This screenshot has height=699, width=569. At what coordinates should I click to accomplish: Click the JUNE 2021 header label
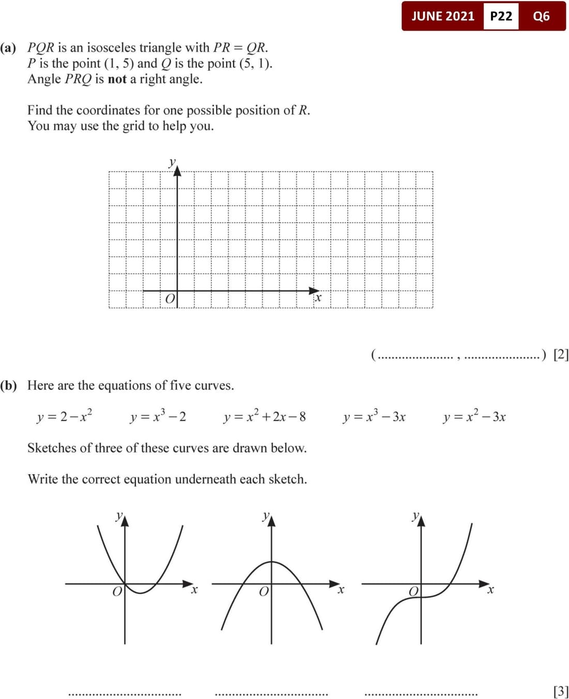[442, 16]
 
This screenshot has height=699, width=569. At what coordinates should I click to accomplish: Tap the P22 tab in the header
[501, 16]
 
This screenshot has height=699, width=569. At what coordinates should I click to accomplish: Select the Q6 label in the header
[541, 16]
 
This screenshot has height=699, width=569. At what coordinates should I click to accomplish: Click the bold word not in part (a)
[117, 79]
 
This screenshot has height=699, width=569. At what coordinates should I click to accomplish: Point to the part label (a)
[8, 48]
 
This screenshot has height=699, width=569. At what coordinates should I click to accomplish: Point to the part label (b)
[8, 385]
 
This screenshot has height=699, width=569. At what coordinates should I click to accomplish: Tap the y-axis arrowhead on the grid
[177, 171]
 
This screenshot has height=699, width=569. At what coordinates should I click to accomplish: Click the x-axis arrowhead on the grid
[315, 291]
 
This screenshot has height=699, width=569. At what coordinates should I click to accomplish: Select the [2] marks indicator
[561, 354]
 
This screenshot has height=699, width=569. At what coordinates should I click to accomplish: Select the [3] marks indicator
[561, 691]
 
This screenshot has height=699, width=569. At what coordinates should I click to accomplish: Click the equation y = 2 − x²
[65, 416]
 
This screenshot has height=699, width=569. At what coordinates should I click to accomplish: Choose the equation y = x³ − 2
[158, 416]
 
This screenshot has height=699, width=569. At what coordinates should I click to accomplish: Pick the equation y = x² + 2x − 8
[264, 417]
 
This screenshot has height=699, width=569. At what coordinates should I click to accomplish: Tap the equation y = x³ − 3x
[374, 417]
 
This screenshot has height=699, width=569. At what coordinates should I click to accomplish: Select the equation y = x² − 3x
[474, 417]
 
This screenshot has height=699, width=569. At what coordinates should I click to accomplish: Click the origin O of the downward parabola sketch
[264, 591]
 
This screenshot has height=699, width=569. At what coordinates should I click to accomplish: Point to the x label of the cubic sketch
[490, 590]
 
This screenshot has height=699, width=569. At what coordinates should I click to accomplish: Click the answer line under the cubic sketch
[421, 694]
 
